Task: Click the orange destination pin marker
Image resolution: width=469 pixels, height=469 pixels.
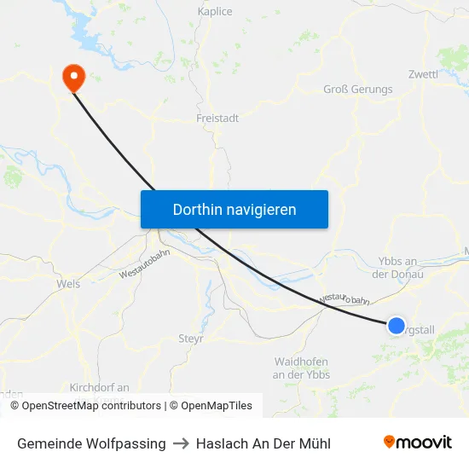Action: coord(74,78)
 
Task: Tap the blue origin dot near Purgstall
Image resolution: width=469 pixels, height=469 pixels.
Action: coord(397,325)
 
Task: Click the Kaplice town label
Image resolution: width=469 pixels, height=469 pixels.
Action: coord(215,12)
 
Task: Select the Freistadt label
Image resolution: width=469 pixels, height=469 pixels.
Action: coord(217,119)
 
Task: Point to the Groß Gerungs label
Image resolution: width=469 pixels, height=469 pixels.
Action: coord(358,90)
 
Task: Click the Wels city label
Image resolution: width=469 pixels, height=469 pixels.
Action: coord(68,284)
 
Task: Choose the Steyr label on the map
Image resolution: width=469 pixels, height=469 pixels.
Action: coord(190,339)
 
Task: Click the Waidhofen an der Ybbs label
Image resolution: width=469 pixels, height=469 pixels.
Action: coord(301,368)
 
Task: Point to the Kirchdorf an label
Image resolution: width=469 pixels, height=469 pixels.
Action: coord(100,387)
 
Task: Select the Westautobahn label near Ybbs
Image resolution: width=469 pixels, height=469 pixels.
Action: coord(345,299)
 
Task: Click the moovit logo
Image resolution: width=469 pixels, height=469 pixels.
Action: coord(418,443)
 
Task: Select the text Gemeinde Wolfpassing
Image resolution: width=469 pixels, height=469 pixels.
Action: coord(91,443)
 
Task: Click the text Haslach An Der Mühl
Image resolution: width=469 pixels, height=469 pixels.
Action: coord(263,443)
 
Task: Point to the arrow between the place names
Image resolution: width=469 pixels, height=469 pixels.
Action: coord(181,443)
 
